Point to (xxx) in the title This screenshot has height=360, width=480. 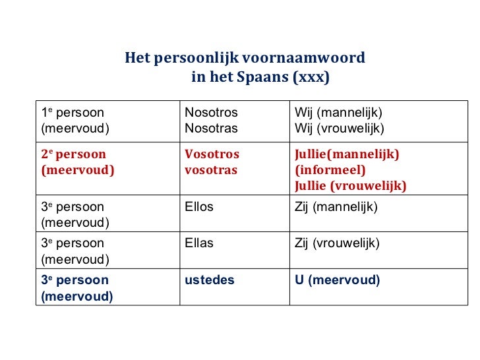pos(311,78)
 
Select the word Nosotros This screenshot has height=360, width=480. pos(211,113)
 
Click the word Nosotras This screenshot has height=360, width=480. pos(211,127)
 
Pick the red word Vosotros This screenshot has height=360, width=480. pos(212,155)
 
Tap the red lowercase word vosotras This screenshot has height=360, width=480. pos(211,170)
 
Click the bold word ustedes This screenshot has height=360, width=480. pos(209,280)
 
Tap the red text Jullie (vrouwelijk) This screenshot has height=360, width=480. pos(350,186)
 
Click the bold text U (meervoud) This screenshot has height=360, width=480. pos(337,280)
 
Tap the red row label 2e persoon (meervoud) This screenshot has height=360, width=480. pos(77,162)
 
